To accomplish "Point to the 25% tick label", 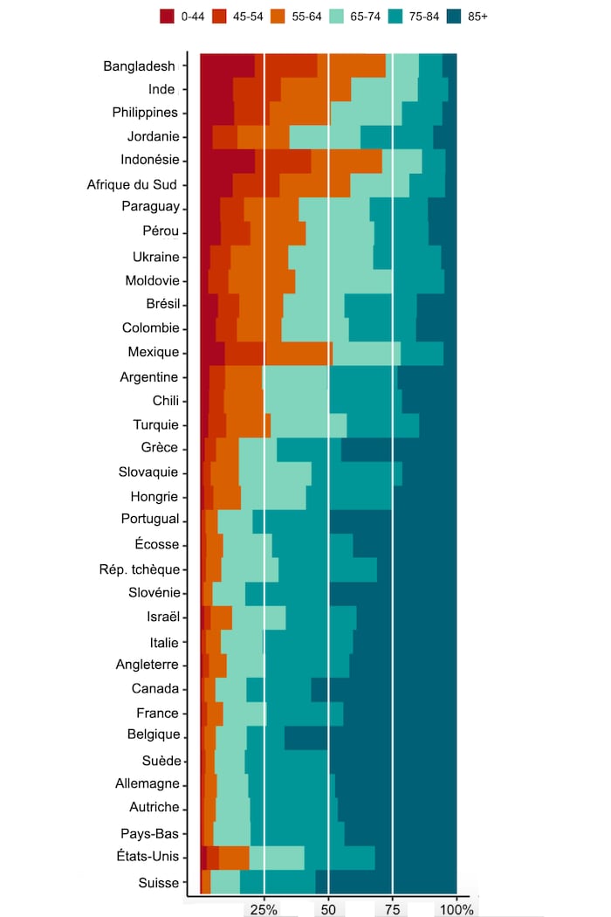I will [264, 909].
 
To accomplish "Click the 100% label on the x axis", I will [457, 909].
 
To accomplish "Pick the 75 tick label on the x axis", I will [392, 909].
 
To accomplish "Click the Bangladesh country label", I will [140, 66].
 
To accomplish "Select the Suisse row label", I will [158, 883].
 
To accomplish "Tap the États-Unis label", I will [148, 856].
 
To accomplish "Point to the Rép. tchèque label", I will [140, 569].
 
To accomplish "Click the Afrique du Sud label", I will [133, 184].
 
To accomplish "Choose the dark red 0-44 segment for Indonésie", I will [228, 161].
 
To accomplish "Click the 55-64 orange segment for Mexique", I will [298, 353].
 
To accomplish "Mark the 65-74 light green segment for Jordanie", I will [325, 137].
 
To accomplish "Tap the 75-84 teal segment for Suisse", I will [278, 882].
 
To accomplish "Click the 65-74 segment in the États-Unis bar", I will [277, 858].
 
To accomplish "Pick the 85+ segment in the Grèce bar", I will [399, 449].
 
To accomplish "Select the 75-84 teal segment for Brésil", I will [381, 305].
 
